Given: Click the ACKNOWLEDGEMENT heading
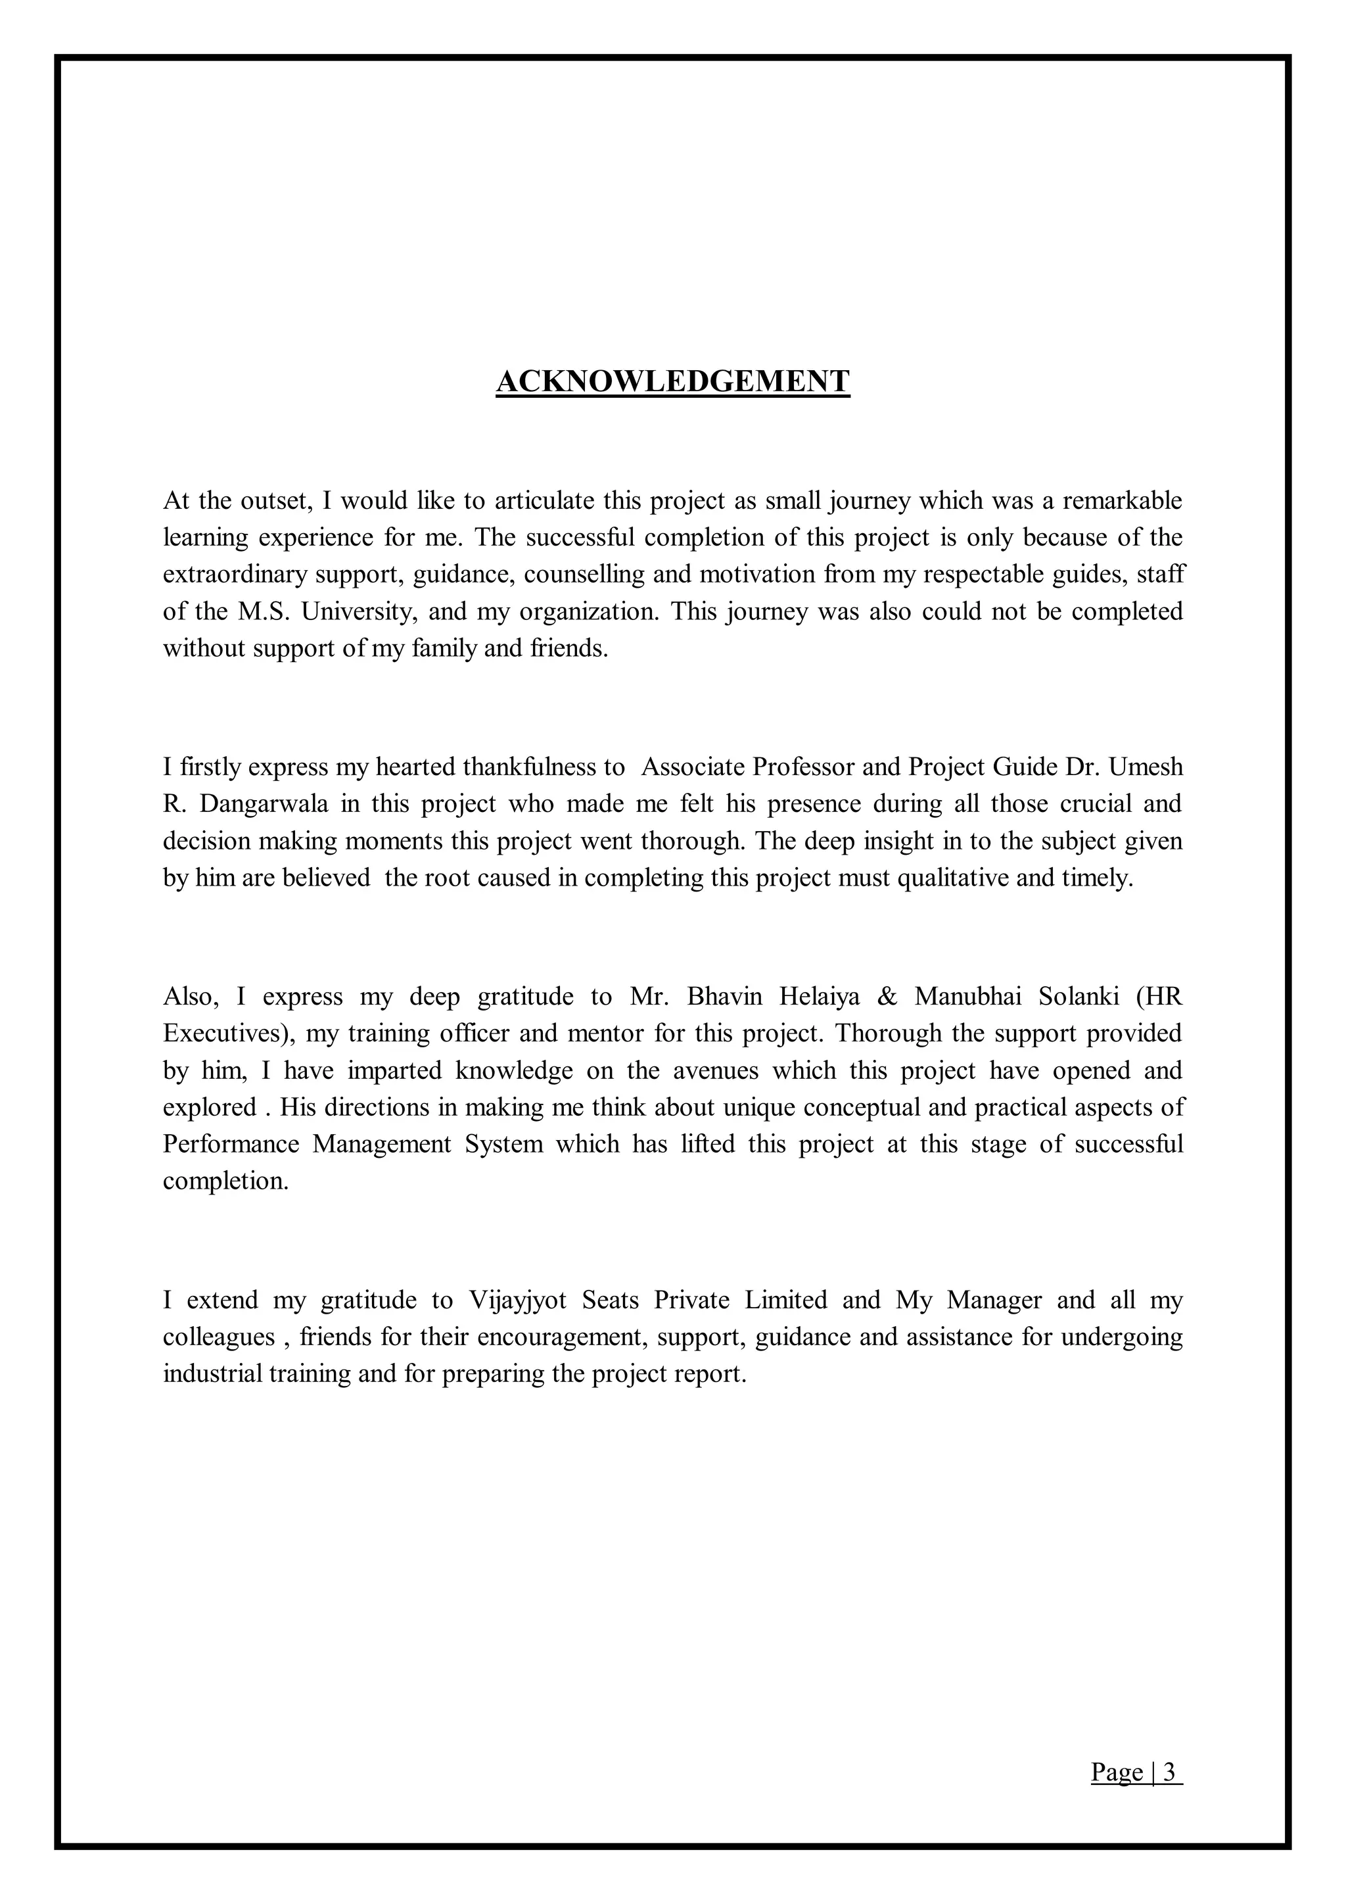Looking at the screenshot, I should [x=672, y=381].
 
